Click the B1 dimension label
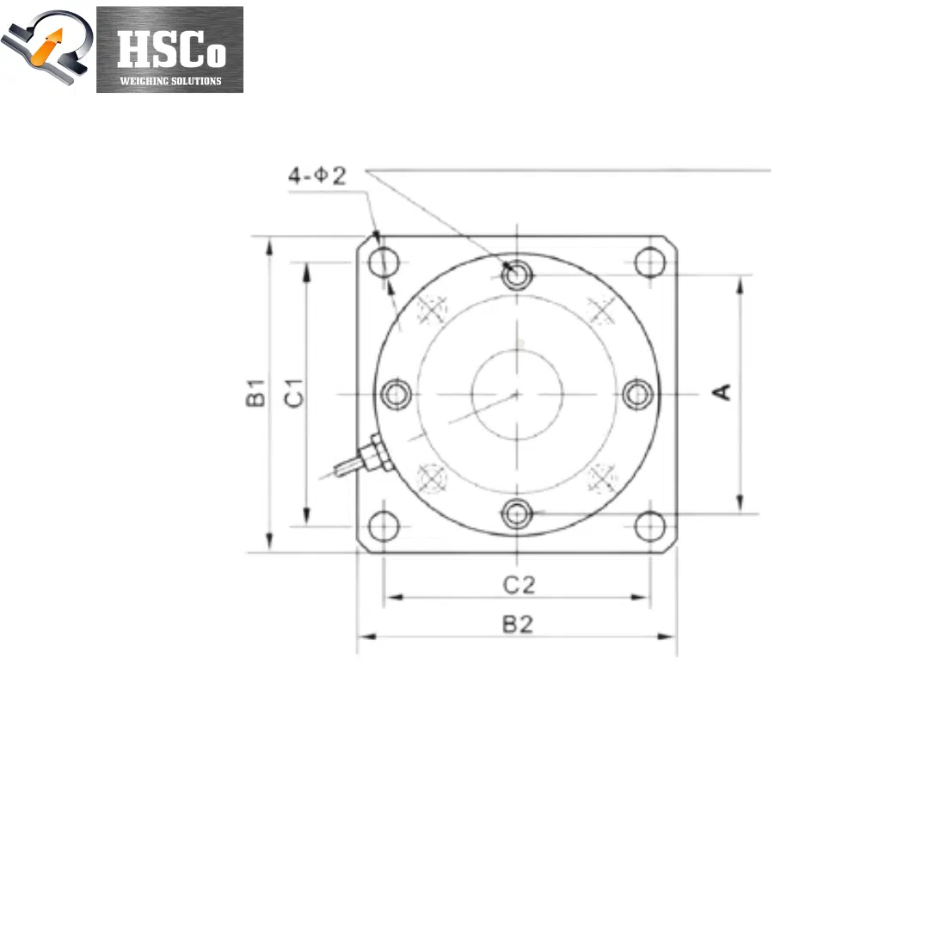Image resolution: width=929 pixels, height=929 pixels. click(x=255, y=392)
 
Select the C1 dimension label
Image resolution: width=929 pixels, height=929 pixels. click(x=294, y=393)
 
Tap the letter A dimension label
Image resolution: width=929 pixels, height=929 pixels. click(x=722, y=392)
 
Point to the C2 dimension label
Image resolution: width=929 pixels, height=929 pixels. click(x=519, y=585)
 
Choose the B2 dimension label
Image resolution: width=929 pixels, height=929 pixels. click(x=518, y=624)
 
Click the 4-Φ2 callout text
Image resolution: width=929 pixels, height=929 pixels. click(x=317, y=175)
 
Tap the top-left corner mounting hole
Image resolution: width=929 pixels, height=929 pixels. click(x=384, y=261)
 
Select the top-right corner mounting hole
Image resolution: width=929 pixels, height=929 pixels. click(x=650, y=261)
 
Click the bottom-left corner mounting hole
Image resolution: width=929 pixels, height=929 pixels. click(x=384, y=526)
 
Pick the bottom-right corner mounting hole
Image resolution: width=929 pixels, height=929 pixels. click(x=650, y=526)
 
